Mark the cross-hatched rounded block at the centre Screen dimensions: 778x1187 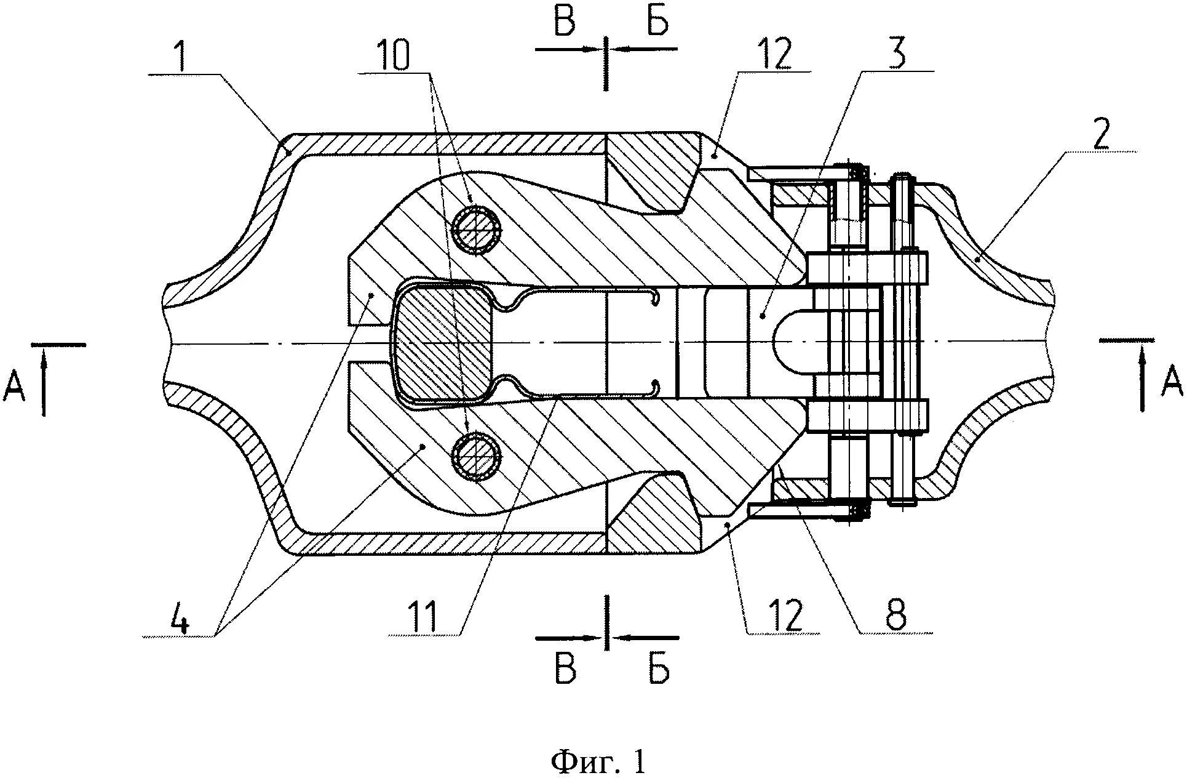444,343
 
